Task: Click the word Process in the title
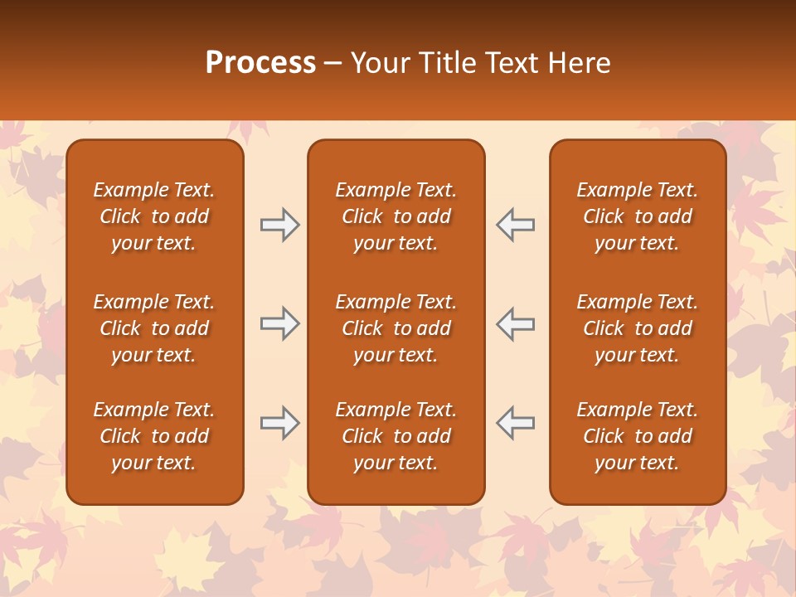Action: click(260, 63)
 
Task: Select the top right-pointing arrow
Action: click(279, 225)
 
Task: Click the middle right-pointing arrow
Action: click(279, 323)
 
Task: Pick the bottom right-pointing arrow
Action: click(279, 423)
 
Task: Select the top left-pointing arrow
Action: click(515, 225)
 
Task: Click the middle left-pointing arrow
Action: click(515, 323)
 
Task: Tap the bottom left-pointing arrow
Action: click(515, 423)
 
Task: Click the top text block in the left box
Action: click(154, 216)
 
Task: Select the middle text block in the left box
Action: click(154, 328)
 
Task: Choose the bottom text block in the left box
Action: click(154, 436)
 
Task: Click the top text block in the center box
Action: click(396, 216)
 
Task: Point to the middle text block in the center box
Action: click(396, 328)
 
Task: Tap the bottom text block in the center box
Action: click(396, 436)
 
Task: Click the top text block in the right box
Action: click(637, 216)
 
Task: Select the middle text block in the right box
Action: click(637, 328)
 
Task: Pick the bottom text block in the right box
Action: click(637, 436)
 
